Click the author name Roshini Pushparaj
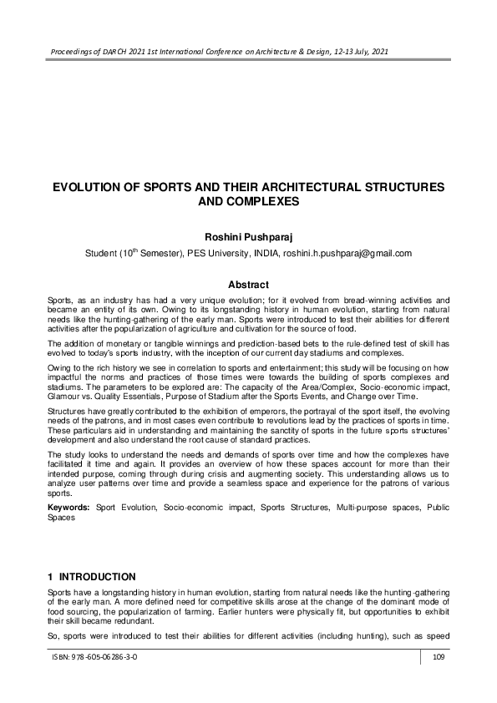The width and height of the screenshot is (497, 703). pos(248,236)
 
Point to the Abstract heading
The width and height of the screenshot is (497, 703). pos(248,285)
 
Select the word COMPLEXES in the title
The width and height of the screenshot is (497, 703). pos(262,202)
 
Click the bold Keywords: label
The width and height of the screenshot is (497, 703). pos(69,507)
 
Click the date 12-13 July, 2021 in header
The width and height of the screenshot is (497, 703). pos(349,51)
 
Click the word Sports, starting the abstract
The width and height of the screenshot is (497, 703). pos(60,298)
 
